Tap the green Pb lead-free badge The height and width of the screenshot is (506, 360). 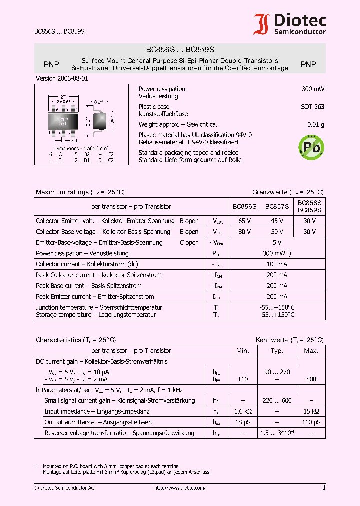[311, 147]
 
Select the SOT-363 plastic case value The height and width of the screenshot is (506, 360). [312, 107]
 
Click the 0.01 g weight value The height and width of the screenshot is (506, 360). [315, 125]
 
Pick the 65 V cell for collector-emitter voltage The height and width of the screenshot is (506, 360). [245, 221]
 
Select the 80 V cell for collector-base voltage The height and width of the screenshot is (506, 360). [245, 232]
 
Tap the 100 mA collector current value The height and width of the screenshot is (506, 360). [277, 264]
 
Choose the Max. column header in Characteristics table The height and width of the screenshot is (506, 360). [311, 351]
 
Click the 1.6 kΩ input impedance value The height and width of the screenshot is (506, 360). [242, 411]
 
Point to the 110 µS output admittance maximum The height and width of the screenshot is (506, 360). [311, 422]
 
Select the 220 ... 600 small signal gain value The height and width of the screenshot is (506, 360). [277, 400]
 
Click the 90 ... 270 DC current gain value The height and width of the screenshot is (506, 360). [277, 372]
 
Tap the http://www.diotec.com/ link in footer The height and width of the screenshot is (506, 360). [180, 488]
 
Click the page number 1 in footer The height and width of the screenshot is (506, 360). [324, 488]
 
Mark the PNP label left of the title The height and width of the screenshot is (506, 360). [51, 64]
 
